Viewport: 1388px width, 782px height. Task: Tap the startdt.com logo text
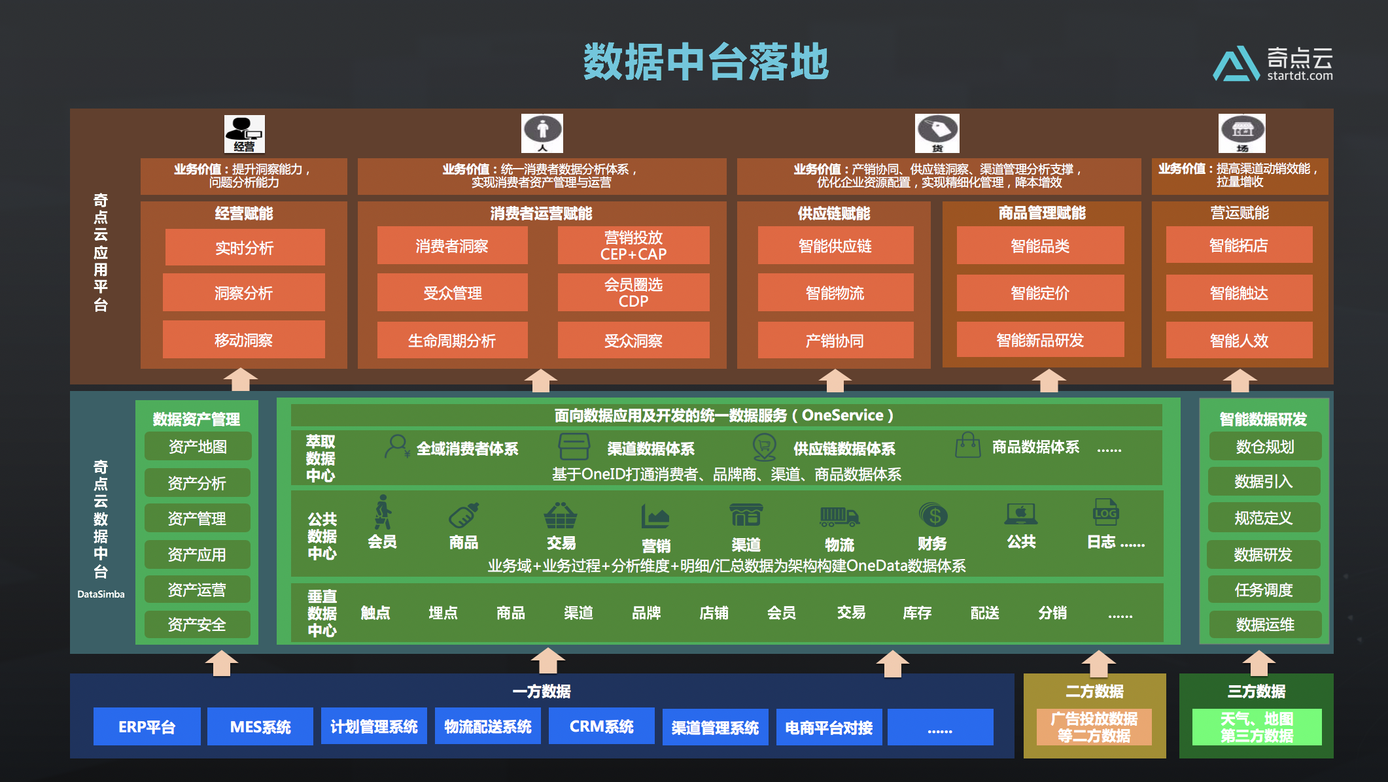click(1299, 76)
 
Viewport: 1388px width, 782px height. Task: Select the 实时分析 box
click(245, 248)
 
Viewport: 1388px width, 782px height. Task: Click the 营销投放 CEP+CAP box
click(633, 246)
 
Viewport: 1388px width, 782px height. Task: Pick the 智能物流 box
click(835, 293)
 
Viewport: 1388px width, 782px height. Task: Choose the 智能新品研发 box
click(1039, 340)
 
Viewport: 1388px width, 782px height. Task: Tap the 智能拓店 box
click(1238, 246)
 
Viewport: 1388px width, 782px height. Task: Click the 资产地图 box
click(198, 447)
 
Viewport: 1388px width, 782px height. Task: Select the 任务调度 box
click(1263, 590)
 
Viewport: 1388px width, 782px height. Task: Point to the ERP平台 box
click(147, 726)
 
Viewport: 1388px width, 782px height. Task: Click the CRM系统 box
click(601, 726)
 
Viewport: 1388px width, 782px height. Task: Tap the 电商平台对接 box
click(829, 727)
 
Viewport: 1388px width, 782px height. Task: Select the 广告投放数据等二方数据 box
click(1094, 727)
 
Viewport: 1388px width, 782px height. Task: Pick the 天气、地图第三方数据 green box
click(1257, 727)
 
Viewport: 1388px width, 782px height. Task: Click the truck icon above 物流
click(839, 517)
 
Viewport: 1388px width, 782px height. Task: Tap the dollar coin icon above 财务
click(933, 516)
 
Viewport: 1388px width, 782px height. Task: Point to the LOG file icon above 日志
click(1105, 513)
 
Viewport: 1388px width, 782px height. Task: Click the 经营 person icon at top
click(244, 133)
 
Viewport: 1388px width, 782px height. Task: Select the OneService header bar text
click(723, 415)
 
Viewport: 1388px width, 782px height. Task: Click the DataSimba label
click(101, 594)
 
